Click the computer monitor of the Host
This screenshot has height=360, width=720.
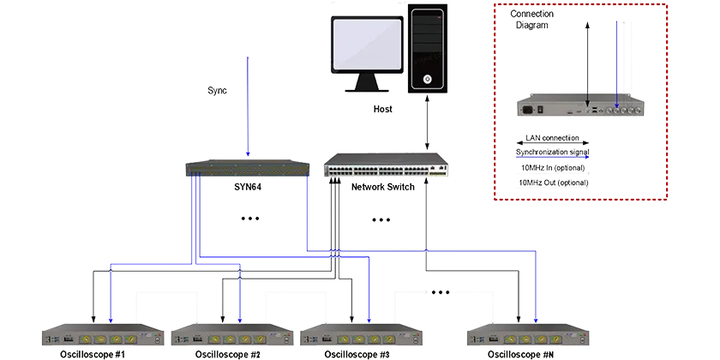367,54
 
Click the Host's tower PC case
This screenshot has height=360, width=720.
428,49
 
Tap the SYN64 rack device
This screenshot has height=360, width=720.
248,168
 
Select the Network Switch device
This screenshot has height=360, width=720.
385,165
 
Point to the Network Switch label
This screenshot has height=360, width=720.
383,187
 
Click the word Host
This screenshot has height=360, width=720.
383,110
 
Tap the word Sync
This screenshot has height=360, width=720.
218,91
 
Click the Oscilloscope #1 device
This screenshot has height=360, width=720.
103,335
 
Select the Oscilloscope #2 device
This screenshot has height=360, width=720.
232,335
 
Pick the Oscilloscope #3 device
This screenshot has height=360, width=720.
361,335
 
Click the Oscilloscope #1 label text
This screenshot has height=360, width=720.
93,355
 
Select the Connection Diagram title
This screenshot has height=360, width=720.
531,20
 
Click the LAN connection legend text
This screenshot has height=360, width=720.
552,138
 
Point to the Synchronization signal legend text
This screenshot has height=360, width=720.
552,152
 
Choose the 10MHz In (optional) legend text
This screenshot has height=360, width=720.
552,168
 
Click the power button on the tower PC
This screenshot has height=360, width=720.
428,79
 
